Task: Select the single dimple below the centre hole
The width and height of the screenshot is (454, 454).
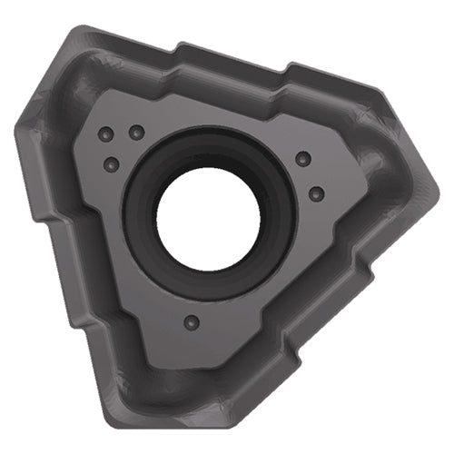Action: [x=190, y=321]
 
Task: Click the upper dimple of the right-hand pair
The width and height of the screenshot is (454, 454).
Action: [x=303, y=159]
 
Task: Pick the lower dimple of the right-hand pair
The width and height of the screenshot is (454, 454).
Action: [x=317, y=193]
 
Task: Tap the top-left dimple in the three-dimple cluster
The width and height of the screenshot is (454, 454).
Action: [x=106, y=133]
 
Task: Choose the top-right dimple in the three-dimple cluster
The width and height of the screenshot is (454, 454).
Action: [x=137, y=133]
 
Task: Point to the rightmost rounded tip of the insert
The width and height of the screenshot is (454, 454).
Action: [x=433, y=186]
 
